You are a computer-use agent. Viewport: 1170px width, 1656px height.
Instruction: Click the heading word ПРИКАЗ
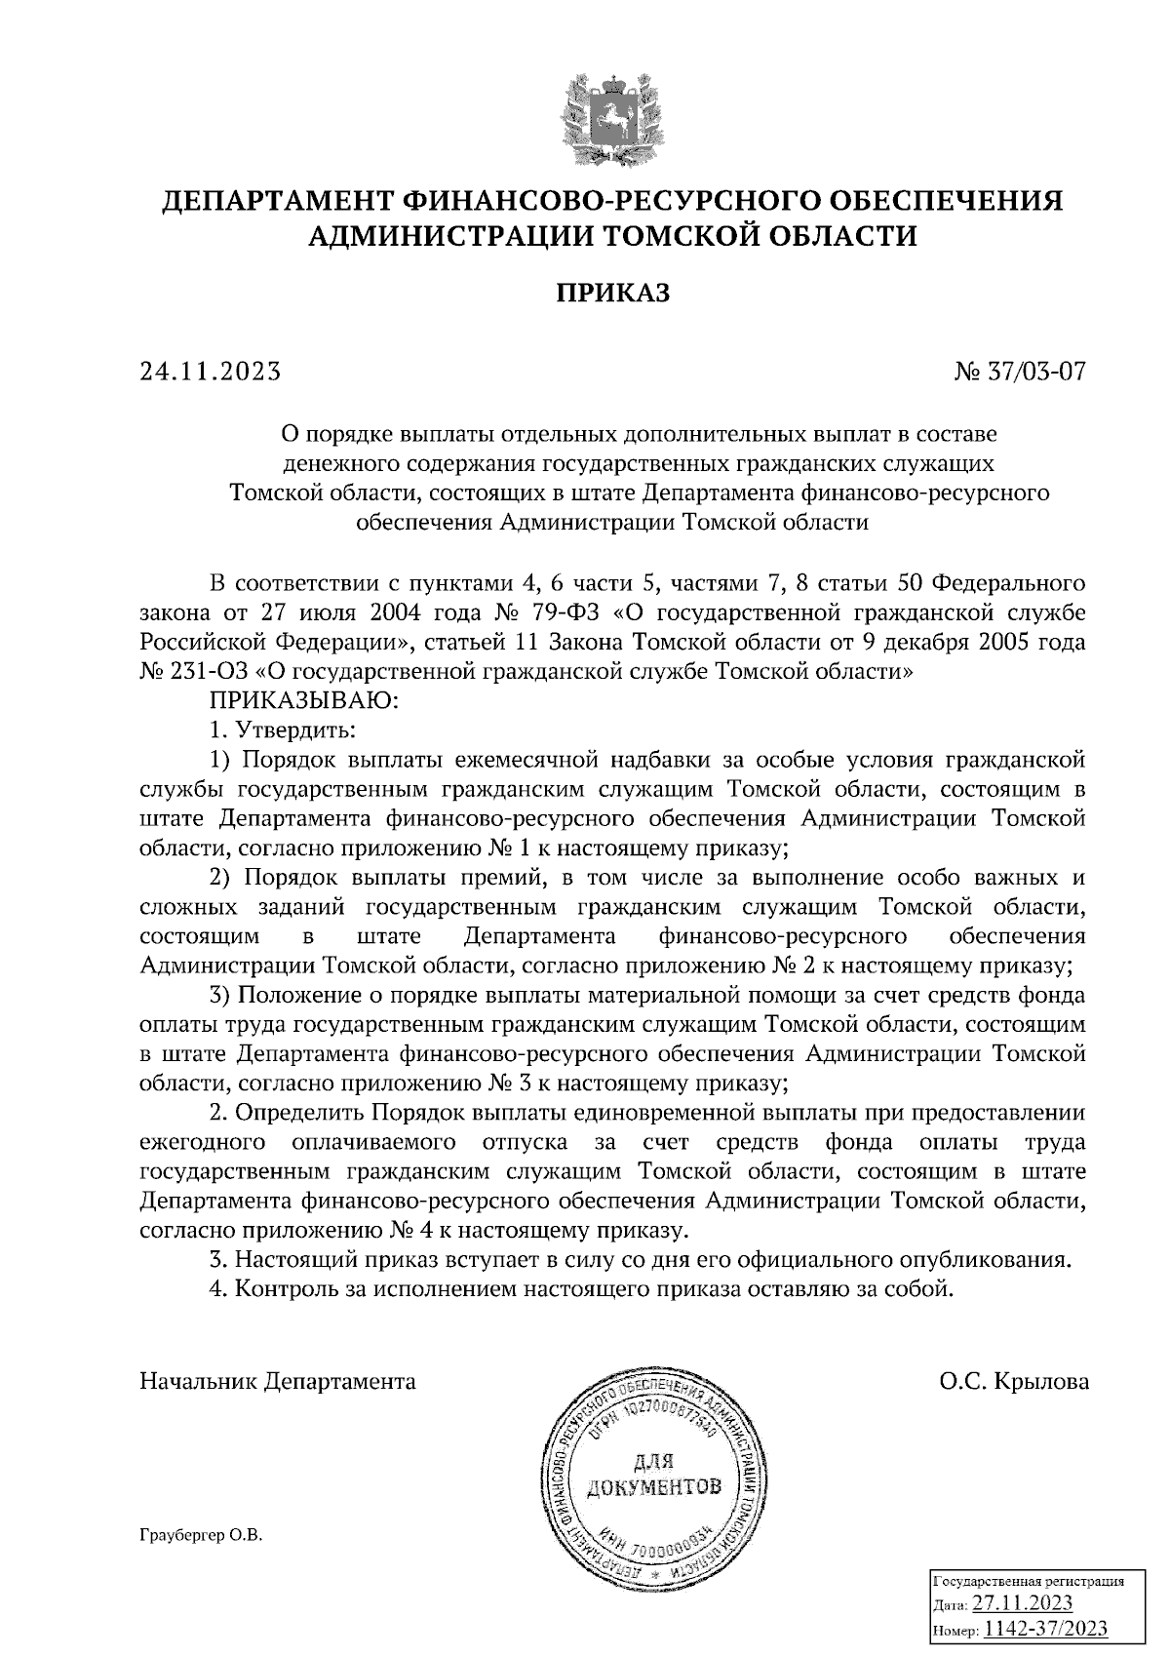point(613,292)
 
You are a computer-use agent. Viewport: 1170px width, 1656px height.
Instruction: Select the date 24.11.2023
point(211,372)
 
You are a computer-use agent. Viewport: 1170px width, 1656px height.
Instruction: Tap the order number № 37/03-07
point(1020,372)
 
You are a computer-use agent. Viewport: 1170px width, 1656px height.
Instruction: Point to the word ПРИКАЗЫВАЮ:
point(300,700)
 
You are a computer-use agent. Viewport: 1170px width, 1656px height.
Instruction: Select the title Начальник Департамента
point(278,1381)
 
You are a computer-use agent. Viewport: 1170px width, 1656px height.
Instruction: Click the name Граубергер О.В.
point(201,1535)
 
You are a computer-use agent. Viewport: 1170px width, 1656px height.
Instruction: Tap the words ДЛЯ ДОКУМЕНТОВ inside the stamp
point(653,1473)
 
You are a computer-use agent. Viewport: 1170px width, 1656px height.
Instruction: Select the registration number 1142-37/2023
point(1045,1628)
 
